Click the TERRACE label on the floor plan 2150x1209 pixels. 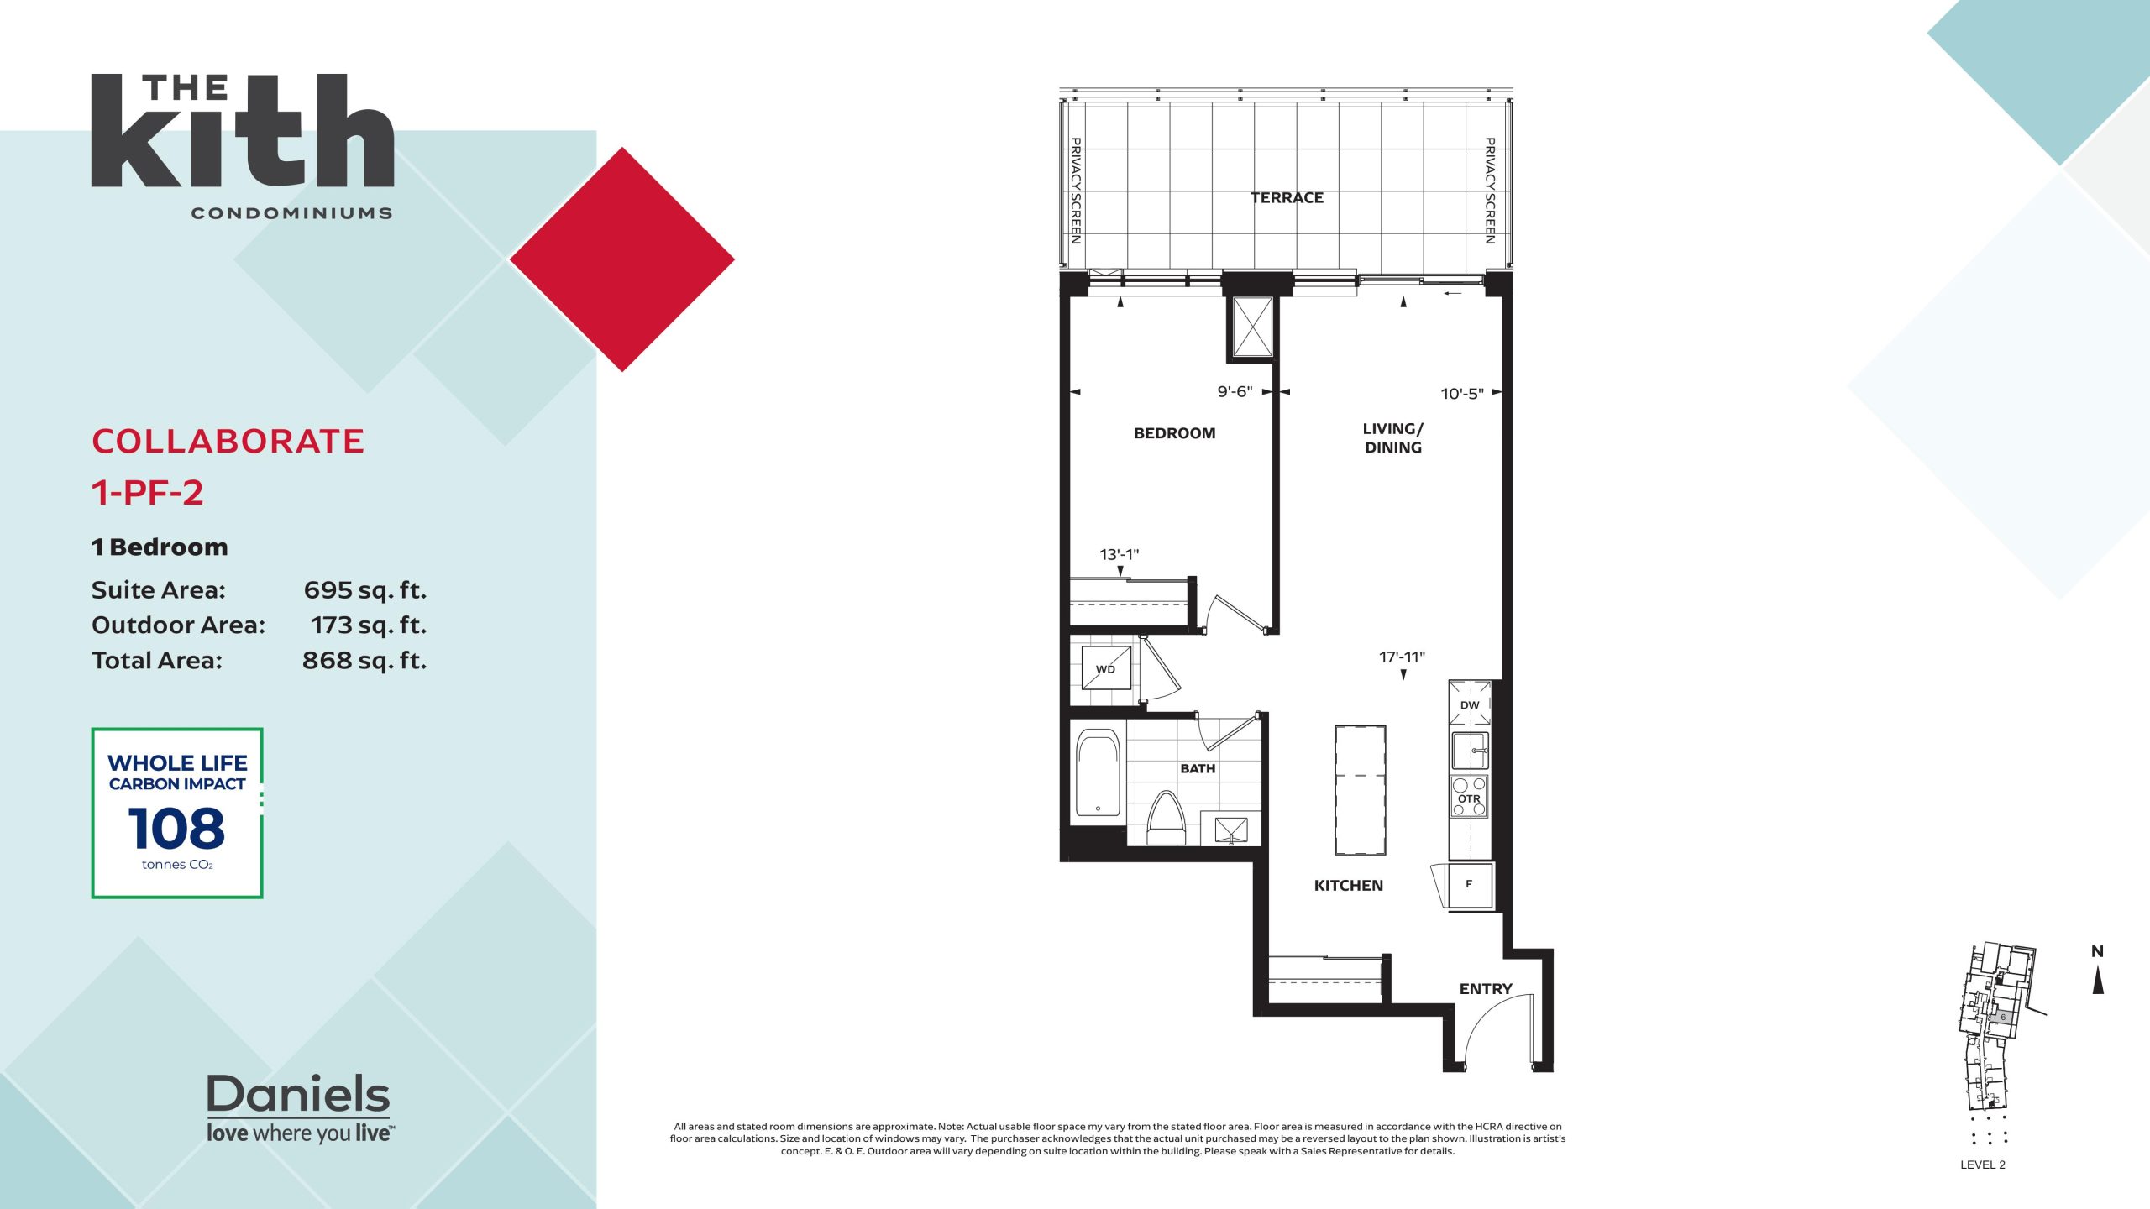1287,198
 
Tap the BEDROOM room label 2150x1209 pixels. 1174,433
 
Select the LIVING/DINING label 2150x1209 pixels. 1393,438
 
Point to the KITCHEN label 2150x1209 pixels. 1348,886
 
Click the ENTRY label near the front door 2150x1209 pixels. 1486,989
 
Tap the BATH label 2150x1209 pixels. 1198,768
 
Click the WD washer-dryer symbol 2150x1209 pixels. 1106,669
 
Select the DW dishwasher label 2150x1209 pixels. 1470,705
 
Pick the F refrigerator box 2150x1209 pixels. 1470,885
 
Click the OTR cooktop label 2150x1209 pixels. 1469,798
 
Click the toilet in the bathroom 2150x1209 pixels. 1166,818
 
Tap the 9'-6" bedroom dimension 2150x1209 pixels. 1235,392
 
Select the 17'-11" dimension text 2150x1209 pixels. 1402,657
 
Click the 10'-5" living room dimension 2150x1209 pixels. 1462,394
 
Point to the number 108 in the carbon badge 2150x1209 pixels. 176,829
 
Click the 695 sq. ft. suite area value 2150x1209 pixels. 365,590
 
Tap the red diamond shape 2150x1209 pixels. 622,259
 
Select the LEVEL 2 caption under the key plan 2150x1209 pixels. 1983,1165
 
